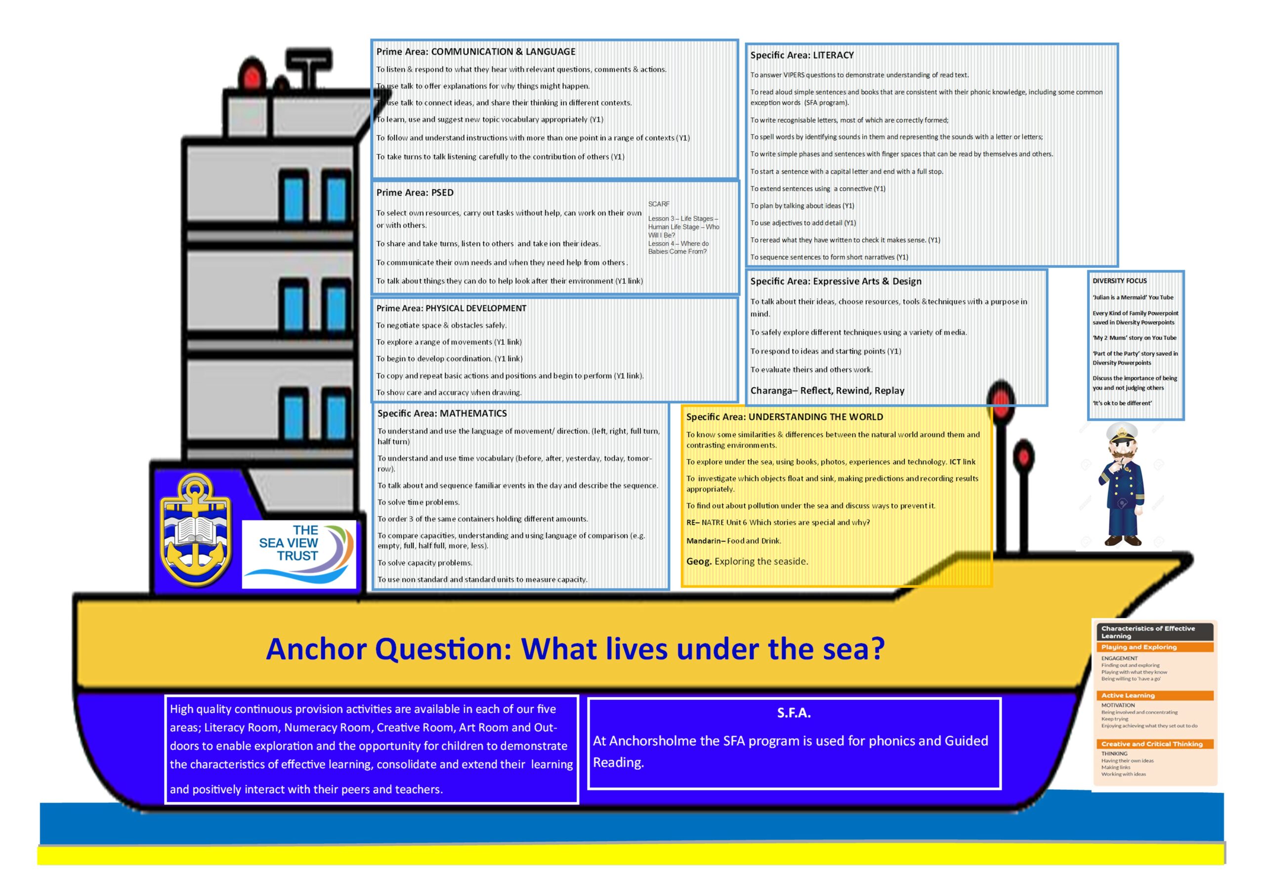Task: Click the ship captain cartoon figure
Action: click(1122, 484)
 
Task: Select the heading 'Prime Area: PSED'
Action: click(415, 193)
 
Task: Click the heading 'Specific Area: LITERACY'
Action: click(801, 55)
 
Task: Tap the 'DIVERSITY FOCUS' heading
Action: click(1120, 281)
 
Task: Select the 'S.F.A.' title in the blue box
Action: click(794, 713)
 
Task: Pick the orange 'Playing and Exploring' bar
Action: click(1155, 647)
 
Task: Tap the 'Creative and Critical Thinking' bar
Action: click(1155, 744)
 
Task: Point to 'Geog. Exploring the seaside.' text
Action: click(747, 561)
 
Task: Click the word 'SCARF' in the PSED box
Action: click(659, 204)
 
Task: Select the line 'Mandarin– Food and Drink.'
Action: click(734, 541)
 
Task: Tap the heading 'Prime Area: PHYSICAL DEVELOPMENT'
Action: click(451, 309)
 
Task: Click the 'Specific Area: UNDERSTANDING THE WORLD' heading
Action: click(785, 417)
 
